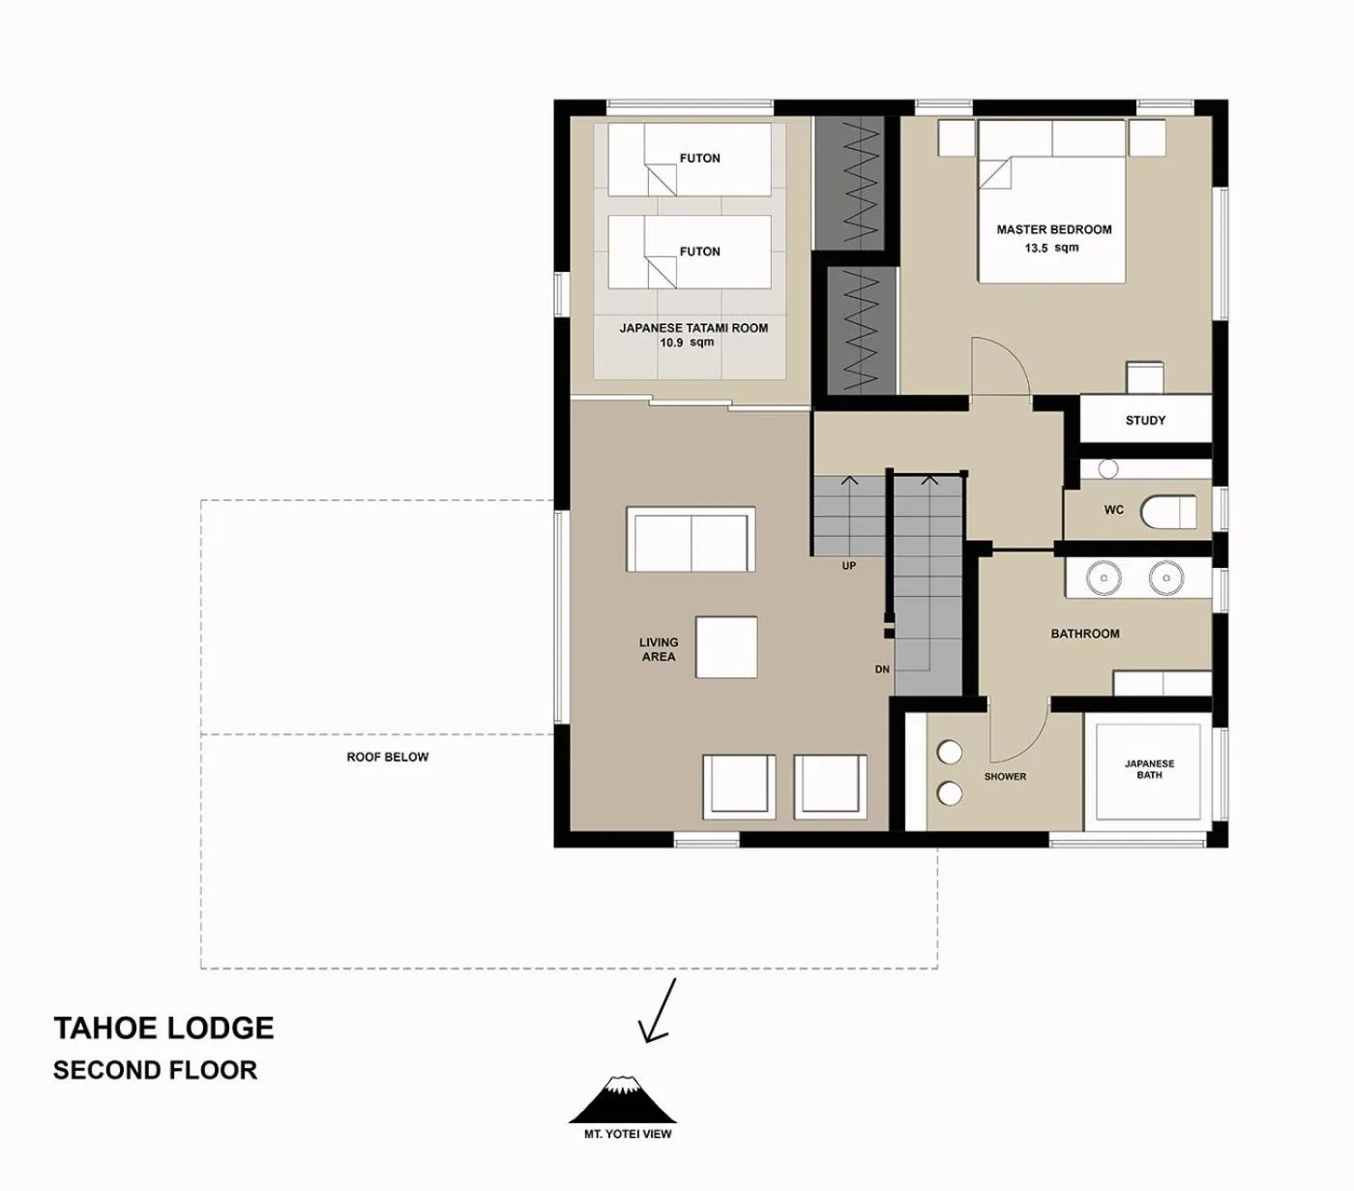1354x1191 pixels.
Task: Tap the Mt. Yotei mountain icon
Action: point(623,1099)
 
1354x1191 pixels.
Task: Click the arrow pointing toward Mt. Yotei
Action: point(658,1011)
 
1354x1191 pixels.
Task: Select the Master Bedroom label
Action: point(1053,229)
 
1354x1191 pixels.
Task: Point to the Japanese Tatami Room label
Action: point(693,328)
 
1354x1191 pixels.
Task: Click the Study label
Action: point(1145,420)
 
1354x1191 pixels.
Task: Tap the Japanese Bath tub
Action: point(1148,770)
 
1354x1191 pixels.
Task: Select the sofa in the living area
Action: point(691,540)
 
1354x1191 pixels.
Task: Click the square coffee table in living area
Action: point(726,647)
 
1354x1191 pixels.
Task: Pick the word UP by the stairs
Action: point(848,566)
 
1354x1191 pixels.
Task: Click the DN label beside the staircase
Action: point(882,670)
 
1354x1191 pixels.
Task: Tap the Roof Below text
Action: point(387,757)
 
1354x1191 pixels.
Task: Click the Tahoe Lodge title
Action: point(163,1027)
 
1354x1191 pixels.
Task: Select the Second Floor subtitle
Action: point(155,1070)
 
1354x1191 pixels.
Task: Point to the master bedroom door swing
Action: point(998,366)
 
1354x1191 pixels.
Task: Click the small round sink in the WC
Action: point(1108,468)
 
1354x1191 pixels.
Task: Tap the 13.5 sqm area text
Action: point(1051,248)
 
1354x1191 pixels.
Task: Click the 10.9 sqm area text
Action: point(687,342)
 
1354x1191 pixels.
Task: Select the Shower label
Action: point(1005,776)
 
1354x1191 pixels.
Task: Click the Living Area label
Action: point(658,649)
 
